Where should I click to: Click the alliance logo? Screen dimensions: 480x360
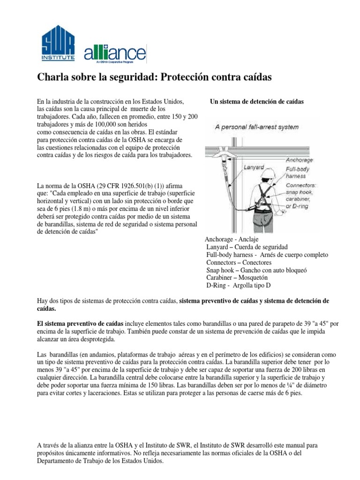pyautogui.click(x=115, y=53)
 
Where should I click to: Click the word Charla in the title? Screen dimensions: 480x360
pyautogui.click(x=52, y=77)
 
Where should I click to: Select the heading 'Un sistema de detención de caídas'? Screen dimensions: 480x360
pyautogui.click(x=257, y=101)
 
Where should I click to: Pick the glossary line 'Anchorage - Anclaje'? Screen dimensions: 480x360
pyautogui.click(x=232, y=239)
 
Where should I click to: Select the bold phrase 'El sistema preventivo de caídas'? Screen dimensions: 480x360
pyautogui.click(x=80, y=324)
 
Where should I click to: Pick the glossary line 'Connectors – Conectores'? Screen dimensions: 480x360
pyautogui.click(x=239, y=262)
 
